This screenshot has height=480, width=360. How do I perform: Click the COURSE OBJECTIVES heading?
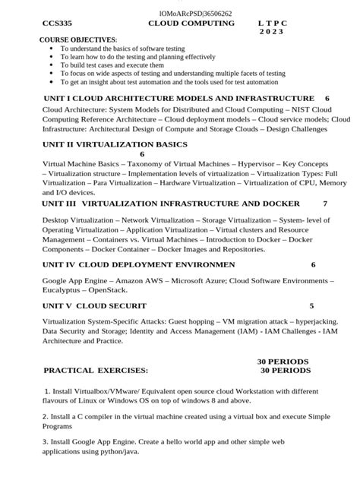pyautogui.click(x=78, y=39)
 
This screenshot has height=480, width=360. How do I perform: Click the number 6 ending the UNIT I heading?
pyautogui.click(x=327, y=99)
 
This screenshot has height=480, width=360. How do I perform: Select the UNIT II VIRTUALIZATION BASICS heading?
pyautogui.click(x=115, y=143)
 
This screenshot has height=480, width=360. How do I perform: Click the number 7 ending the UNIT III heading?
pyautogui.click(x=325, y=204)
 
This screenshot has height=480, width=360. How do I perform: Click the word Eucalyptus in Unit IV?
pyautogui.click(x=64, y=289)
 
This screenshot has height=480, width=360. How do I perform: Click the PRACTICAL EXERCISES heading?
pyautogui.click(x=96, y=371)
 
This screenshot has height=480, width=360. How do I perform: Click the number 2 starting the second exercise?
pyautogui.click(x=45, y=417)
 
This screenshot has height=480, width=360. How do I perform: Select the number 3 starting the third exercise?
pyautogui.click(x=45, y=441)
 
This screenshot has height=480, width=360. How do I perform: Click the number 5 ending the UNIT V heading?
pyautogui.click(x=311, y=305)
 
